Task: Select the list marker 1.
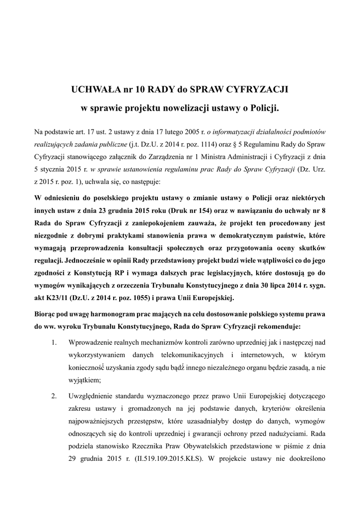coord(55,343)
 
